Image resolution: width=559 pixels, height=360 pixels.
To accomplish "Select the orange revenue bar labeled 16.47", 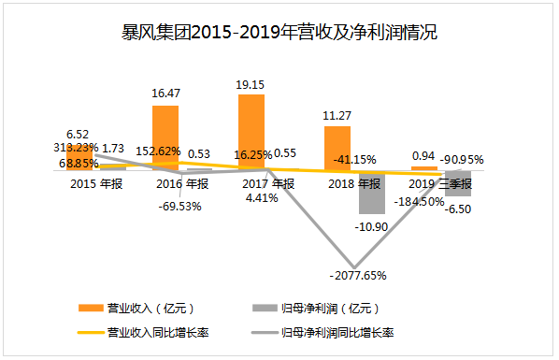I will pos(165,137).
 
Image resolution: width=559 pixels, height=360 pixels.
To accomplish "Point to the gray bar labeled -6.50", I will pos(458,182).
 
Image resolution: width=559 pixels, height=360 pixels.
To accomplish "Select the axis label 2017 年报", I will pos(268,183).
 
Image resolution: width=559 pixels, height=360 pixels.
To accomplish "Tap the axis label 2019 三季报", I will pos(441,184).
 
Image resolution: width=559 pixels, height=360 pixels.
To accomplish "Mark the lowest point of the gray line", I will pos(353,263).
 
